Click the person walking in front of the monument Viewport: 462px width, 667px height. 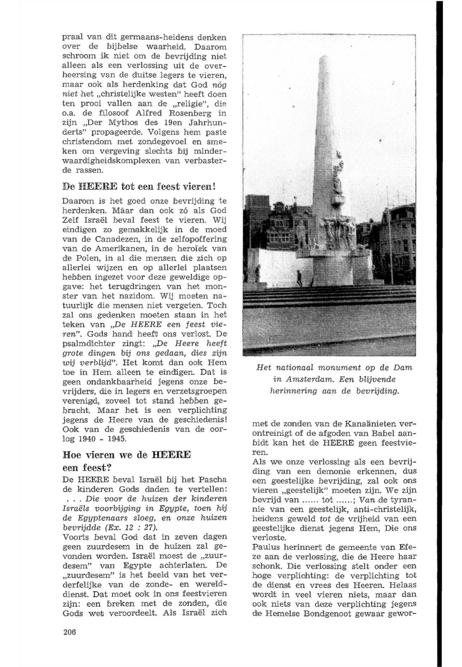click(x=299, y=279)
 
